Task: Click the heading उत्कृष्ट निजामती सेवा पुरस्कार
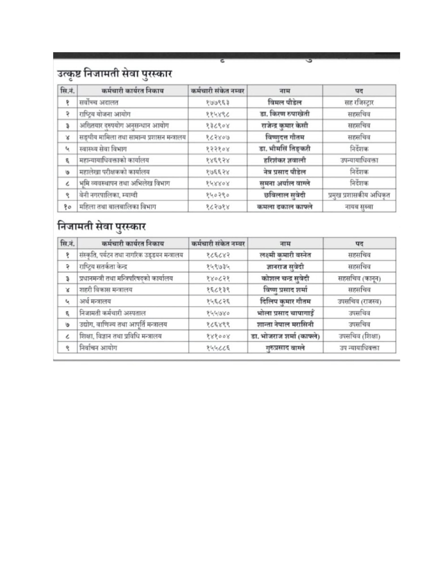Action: (114, 74)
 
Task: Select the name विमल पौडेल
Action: (284, 102)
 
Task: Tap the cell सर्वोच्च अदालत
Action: (99, 102)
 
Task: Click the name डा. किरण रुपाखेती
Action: (284, 114)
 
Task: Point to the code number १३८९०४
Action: (217, 126)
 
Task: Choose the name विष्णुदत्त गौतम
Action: (285, 137)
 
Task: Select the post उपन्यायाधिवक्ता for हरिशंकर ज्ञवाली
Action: (359, 160)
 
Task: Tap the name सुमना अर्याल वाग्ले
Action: (284, 183)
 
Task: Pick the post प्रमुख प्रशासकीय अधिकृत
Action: (359, 195)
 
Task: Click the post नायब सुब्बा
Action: (359, 207)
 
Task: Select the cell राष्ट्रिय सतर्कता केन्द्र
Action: (103, 267)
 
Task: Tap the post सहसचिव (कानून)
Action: (359, 278)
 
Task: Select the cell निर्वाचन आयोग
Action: (98, 348)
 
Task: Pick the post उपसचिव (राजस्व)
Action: (359, 301)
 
